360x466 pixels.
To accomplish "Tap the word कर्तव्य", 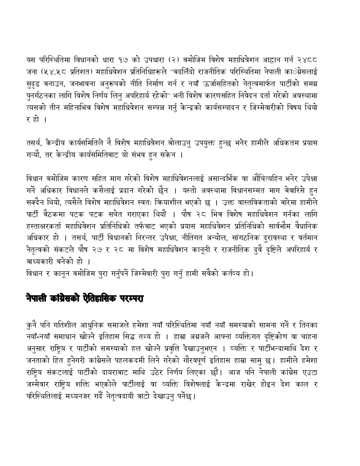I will coord(229,272).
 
